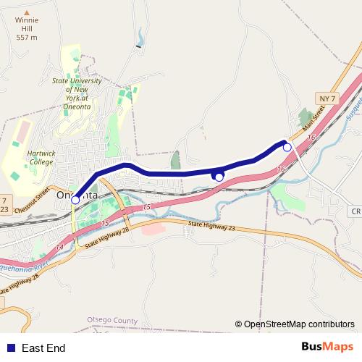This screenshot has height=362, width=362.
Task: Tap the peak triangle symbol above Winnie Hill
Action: pyautogui.click(x=26, y=12)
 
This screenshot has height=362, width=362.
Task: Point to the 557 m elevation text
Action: pyautogui.click(x=26, y=37)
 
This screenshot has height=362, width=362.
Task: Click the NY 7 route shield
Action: pyautogui.click(x=327, y=98)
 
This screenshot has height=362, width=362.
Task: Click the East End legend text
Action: pyautogui.click(x=43, y=348)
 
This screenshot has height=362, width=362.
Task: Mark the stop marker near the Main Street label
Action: pyautogui.click(x=287, y=148)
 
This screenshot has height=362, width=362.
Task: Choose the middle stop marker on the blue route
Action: pyautogui.click(x=219, y=177)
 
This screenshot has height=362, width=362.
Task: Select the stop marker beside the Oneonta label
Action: pyautogui.click(x=75, y=201)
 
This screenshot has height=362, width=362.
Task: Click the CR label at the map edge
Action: pyautogui.click(x=355, y=211)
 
